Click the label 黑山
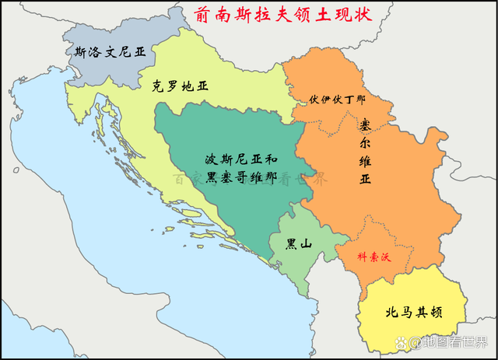coord(299,243)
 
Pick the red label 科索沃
coord(377,255)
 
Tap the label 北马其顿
coord(414,313)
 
